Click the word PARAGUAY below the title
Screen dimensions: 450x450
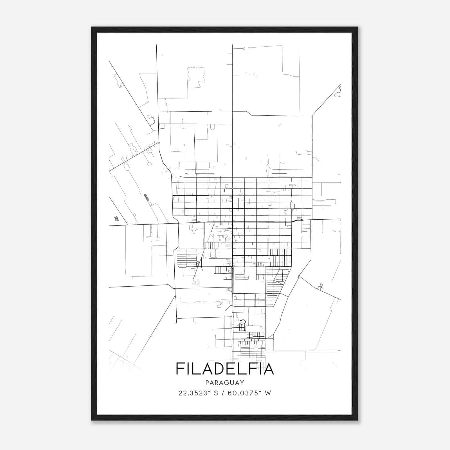(x=225, y=382)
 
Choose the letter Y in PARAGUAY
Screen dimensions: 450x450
(x=242, y=382)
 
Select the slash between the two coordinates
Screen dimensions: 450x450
(x=222, y=393)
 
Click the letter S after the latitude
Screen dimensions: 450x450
(x=216, y=393)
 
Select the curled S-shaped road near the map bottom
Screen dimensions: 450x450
(x=242, y=321)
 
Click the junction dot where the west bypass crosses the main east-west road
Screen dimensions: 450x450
(x=178, y=223)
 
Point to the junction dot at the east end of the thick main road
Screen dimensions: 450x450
(x=302, y=220)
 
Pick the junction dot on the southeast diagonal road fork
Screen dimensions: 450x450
(x=299, y=276)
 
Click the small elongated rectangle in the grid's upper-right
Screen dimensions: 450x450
(x=292, y=185)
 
